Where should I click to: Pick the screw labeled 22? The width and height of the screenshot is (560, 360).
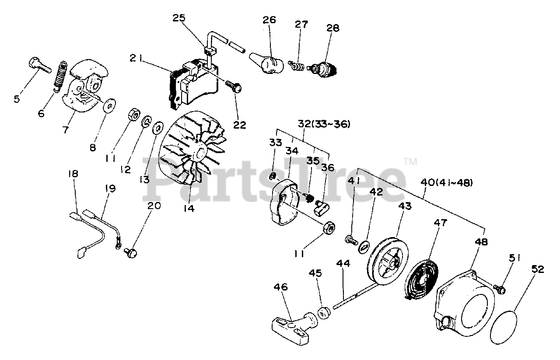tap(234, 87)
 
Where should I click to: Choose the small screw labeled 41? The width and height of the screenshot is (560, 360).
tap(350, 239)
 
